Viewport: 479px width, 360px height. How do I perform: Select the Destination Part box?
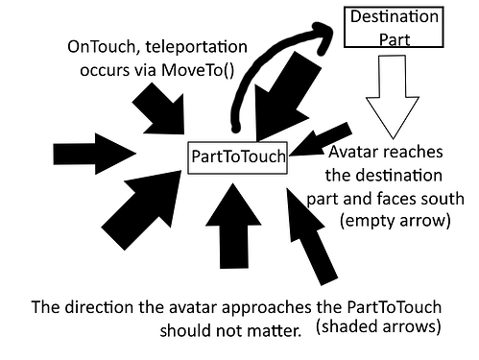pyautogui.click(x=393, y=27)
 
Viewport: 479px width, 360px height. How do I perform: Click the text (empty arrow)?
pyautogui.click(x=395, y=223)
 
